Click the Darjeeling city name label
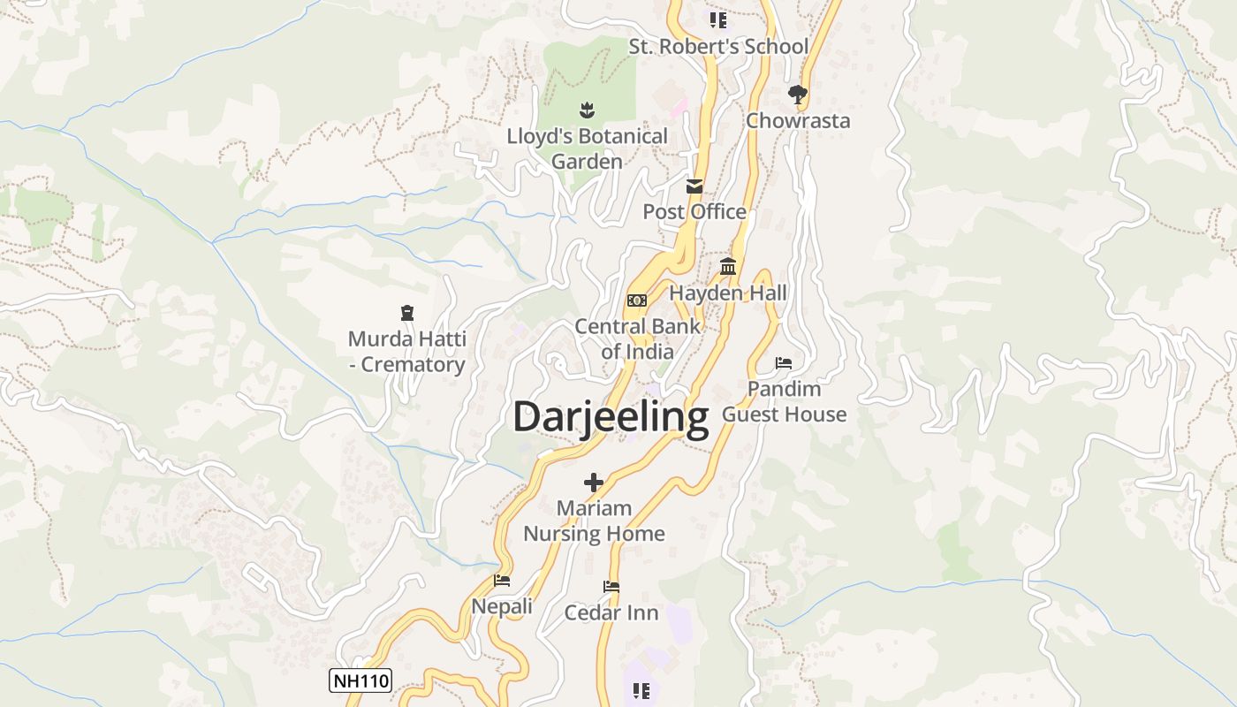coord(611,416)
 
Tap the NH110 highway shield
coord(360,680)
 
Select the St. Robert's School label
coord(718,47)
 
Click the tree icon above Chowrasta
coord(798,94)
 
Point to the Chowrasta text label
coord(798,121)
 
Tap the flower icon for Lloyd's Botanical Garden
coord(587,110)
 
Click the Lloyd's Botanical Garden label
coord(587,149)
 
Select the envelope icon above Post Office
coord(694,186)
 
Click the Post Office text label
coord(694,212)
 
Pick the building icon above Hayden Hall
coord(728,266)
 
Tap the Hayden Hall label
coord(728,293)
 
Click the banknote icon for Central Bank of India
coord(637,300)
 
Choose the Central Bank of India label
coord(637,338)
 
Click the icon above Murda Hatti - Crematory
coord(406,313)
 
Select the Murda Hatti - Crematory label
coord(406,352)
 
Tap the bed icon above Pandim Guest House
coord(784,362)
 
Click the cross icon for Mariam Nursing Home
coord(594,483)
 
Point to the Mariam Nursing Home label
coord(594,521)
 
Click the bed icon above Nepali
coord(502,581)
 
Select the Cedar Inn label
coord(611,612)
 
